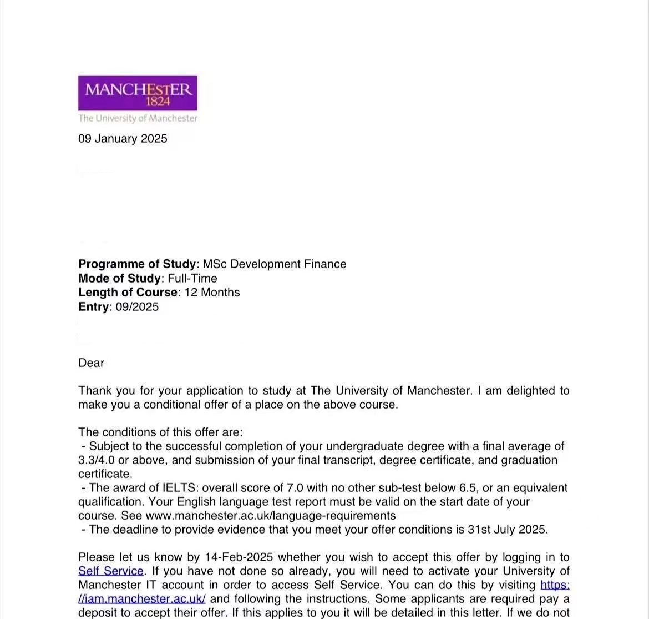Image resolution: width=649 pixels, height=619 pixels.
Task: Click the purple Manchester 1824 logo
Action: pyautogui.click(x=138, y=93)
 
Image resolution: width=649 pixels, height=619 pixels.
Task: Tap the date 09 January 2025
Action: pyautogui.click(x=123, y=139)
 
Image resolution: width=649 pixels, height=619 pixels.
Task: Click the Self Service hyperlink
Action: pyautogui.click(x=111, y=571)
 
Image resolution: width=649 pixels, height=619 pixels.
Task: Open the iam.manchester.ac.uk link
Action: pyautogui.click(x=142, y=599)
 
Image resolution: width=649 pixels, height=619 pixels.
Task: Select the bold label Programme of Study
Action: pyautogui.click(x=137, y=264)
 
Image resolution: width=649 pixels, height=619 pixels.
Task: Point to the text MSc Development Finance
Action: pyautogui.click(x=275, y=264)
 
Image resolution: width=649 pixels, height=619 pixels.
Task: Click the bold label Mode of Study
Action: pyautogui.click(x=119, y=279)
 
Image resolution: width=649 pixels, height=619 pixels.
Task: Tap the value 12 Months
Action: pyautogui.click(x=212, y=293)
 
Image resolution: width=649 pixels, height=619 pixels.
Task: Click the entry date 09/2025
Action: pyautogui.click(x=137, y=307)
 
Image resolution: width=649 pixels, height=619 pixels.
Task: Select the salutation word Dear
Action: pyautogui.click(x=92, y=363)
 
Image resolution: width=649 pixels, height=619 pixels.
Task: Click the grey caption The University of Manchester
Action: pyautogui.click(x=138, y=118)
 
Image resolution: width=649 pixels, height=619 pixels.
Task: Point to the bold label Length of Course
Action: pyautogui.click(x=128, y=293)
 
